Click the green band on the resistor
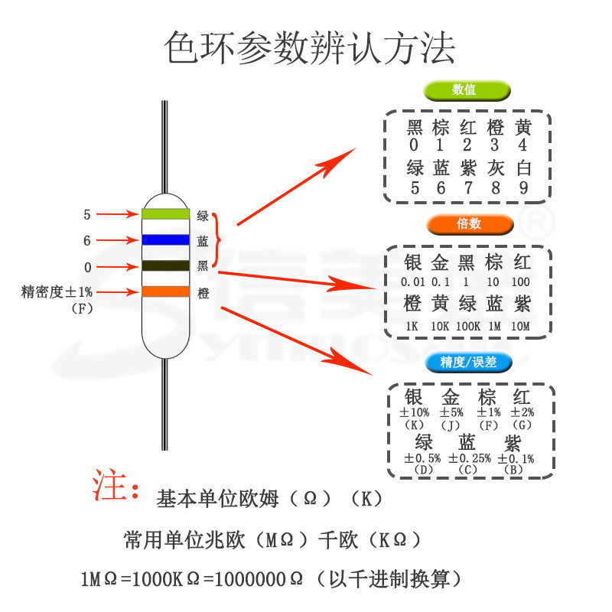tap(165, 214)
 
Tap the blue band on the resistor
tap(165, 240)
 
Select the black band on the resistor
tap(165, 266)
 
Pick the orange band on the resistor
tap(165, 291)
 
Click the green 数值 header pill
tap(467, 90)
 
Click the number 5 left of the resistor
tap(87, 215)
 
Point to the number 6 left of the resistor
tap(87, 241)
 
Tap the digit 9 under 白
tap(523, 187)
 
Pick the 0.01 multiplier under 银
tap(412, 282)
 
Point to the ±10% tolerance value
tap(415, 413)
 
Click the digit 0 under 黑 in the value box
tap(414, 145)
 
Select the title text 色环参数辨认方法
tap(310, 47)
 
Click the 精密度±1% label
tap(58, 291)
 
